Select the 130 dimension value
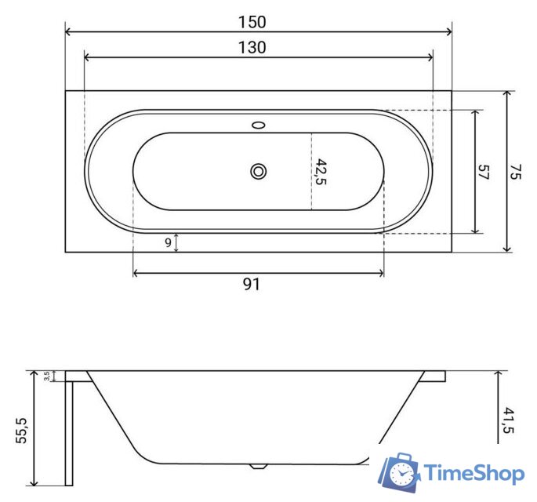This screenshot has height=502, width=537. point(252,47)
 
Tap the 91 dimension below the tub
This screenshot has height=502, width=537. point(251,285)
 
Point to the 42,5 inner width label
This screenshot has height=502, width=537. point(321,172)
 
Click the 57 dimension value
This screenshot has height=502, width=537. point(483,173)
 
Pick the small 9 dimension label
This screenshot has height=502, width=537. point(168,243)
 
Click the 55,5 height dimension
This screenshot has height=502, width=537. point(21,431)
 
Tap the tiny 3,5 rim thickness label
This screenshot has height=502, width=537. point(48,376)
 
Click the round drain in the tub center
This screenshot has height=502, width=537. point(258,171)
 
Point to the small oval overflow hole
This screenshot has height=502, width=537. point(258,124)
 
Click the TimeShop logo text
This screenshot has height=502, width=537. point(474,473)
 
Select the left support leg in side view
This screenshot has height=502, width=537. point(69,431)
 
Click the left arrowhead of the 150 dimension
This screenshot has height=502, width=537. point(67,32)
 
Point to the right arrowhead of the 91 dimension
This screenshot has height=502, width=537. point(381,273)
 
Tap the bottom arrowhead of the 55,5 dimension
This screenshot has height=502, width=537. point(34,482)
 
